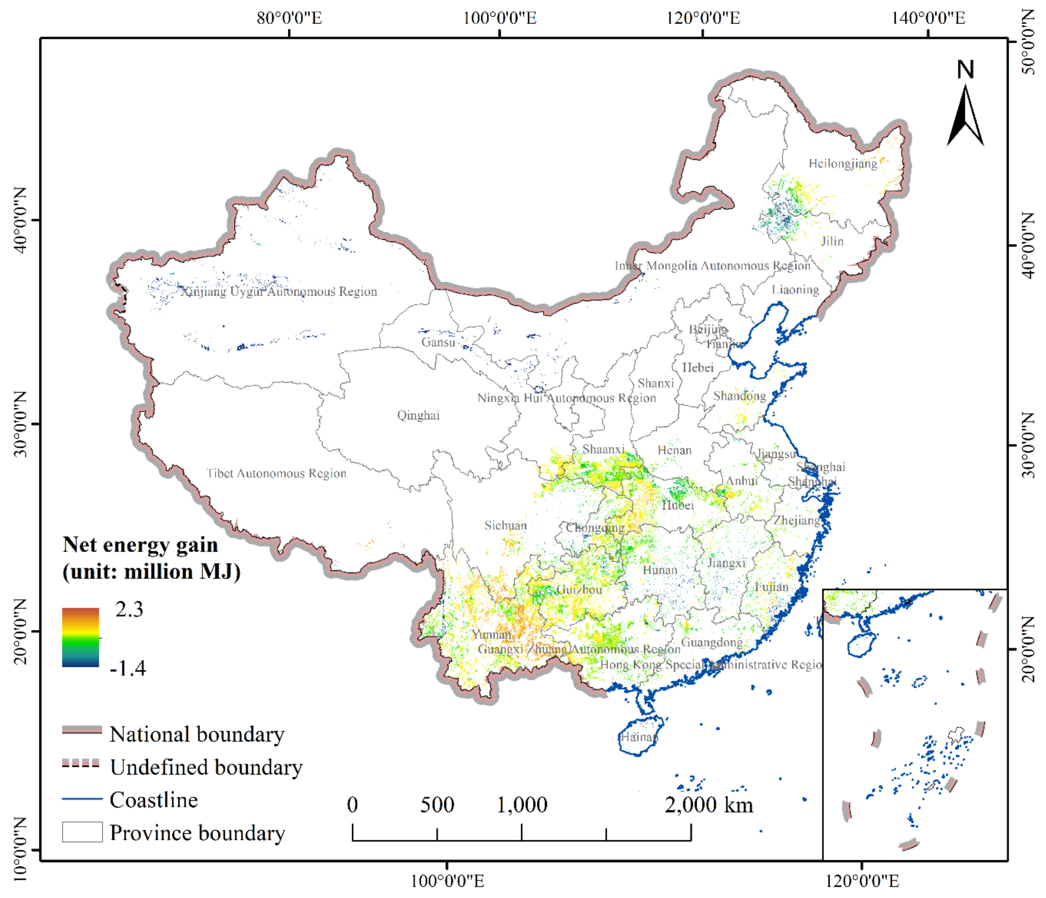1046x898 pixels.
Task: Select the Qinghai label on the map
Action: [418, 416]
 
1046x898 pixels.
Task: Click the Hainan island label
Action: [639, 737]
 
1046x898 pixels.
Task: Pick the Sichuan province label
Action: [505, 526]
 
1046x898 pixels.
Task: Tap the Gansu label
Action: [438, 343]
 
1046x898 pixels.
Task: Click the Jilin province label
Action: [832, 241]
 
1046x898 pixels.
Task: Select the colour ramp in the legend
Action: [80, 637]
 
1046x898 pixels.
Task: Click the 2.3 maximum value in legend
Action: [129, 610]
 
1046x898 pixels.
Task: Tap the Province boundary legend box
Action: [82, 832]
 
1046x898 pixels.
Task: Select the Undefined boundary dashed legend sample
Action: [81, 764]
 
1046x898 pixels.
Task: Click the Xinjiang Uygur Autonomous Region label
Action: [279, 292]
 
